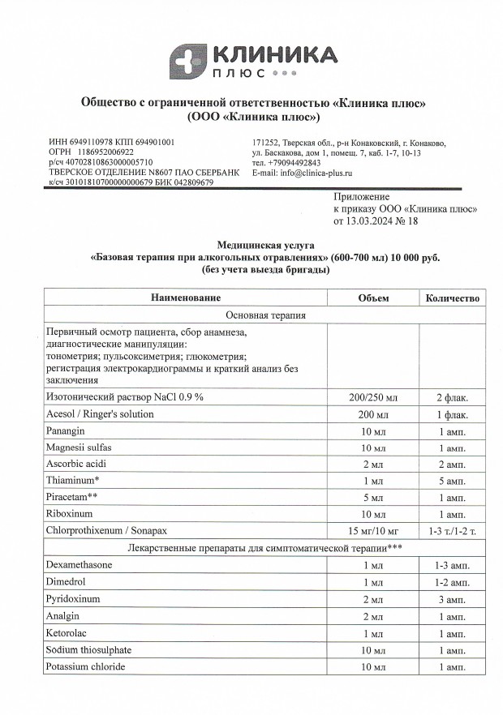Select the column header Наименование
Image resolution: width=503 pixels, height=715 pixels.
tap(186, 298)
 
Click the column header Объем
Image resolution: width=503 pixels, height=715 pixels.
tap(373, 298)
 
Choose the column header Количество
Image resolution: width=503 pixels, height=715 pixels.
tap(452, 298)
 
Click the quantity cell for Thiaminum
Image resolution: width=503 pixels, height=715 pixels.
tap(452, 480)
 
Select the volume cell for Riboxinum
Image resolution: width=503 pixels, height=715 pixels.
tap(373, 514)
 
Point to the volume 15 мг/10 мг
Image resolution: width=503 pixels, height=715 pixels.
tap(373, 531)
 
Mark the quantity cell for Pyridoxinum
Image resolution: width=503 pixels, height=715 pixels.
tap(452, 599)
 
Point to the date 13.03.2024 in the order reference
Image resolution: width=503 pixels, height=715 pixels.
tap(370, 220)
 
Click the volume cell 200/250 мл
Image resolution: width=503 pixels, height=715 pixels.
tap(373, 397)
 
